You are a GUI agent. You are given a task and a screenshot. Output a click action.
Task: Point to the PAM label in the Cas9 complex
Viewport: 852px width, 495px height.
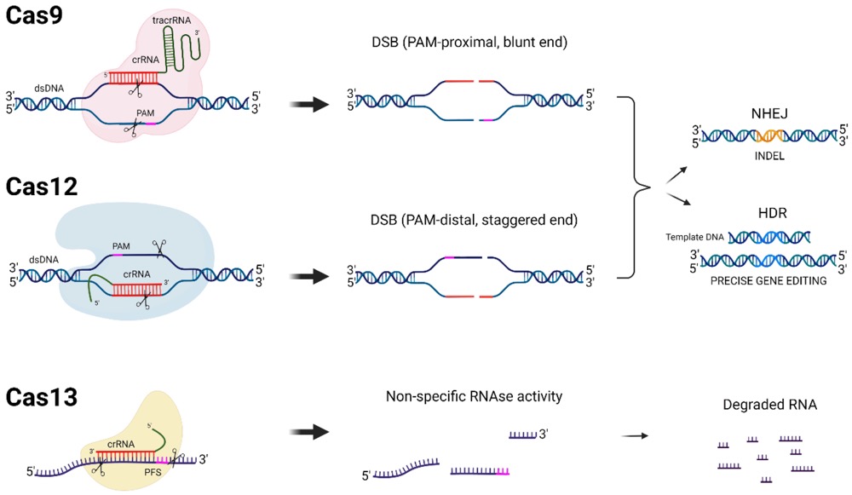click(146, 112)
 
